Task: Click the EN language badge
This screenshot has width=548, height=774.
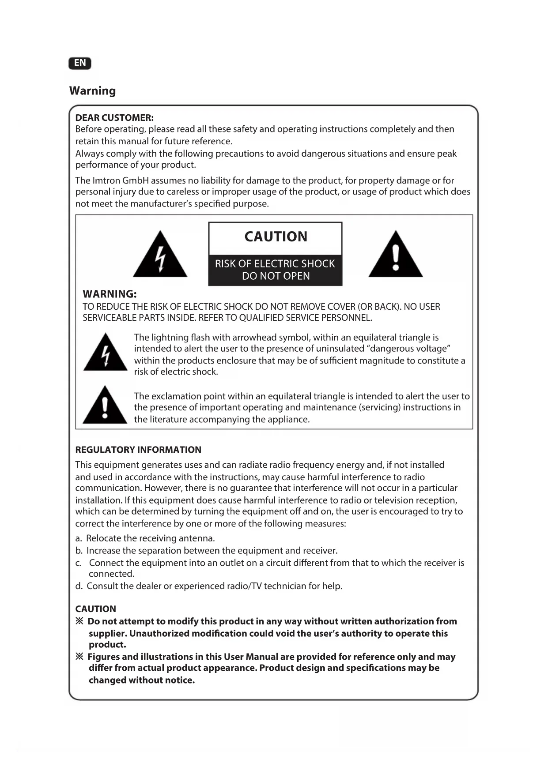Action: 80,63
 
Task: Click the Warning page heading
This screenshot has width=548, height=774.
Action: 92,91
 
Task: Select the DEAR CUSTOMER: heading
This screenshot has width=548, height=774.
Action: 114,118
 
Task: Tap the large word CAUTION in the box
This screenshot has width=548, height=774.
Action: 276,237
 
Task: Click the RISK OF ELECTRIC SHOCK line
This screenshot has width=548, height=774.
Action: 275,264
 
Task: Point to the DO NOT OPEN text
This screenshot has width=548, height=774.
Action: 276,276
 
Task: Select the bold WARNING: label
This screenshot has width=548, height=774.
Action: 110,294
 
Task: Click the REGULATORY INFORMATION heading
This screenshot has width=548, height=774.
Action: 138,450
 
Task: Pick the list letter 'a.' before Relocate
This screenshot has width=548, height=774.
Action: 79,538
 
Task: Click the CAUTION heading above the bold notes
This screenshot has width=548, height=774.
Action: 95,609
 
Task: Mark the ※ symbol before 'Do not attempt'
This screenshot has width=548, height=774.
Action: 79,621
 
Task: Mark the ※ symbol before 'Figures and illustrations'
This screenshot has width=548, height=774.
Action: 79,657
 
